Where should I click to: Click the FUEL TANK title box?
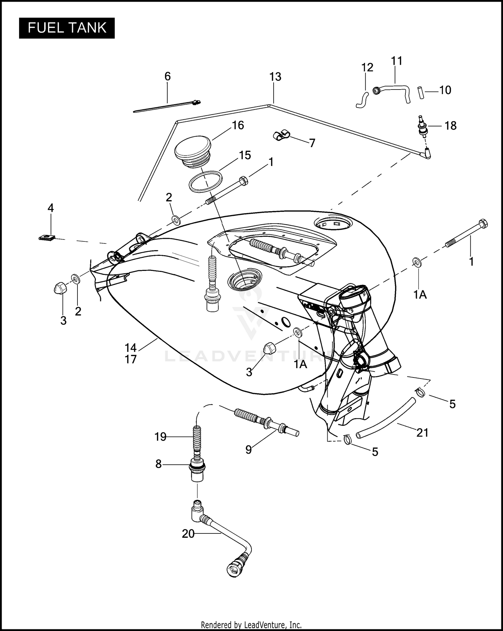point(67,28)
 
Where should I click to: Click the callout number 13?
point(275,77)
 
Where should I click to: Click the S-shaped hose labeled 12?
point(362,100)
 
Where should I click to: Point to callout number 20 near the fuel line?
point(188,533)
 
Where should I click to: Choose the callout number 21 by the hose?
point(422,433)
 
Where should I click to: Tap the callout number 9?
point(248,450)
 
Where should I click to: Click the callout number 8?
point(158,464)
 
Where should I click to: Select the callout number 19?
point(160,437)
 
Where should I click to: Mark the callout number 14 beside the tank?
point(131,347)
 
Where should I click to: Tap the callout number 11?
point(397,61)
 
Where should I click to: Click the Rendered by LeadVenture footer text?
point(251,625)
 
